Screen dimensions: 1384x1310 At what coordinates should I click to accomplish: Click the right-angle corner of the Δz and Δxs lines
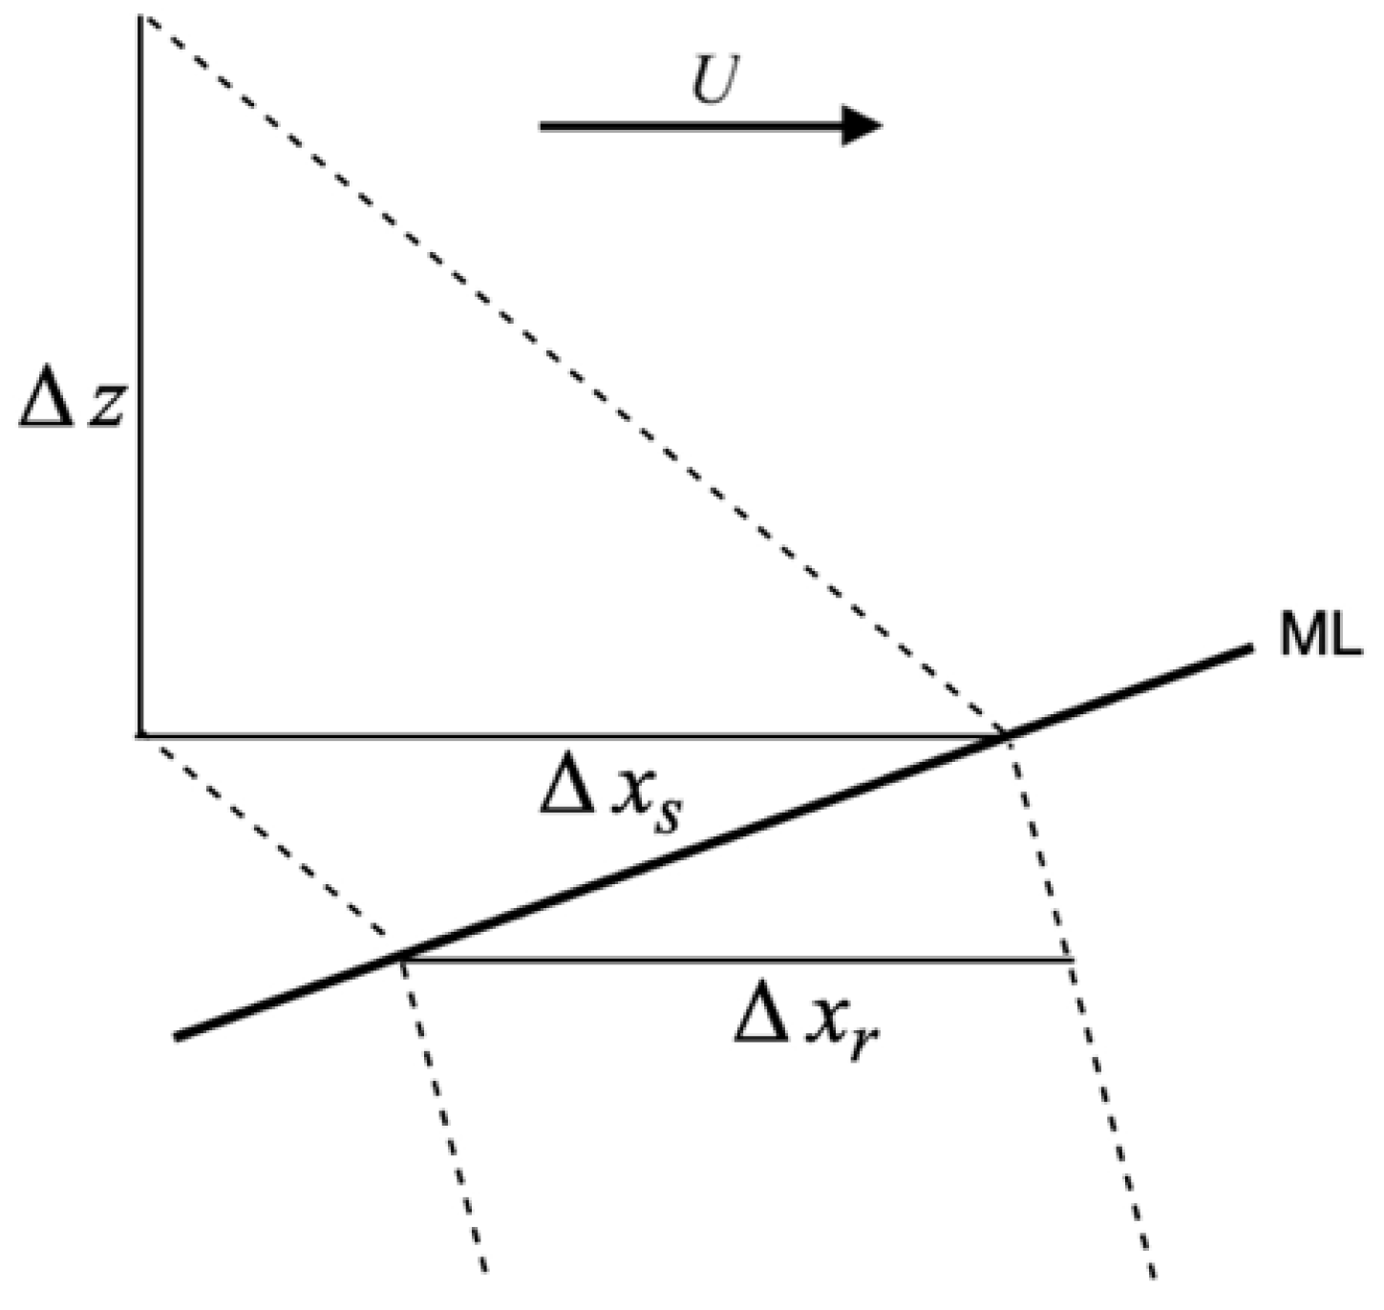pyautogui.click(x=140, y=735)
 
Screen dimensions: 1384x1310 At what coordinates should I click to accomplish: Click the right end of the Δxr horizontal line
pyautogui.click(x=1073, y=959)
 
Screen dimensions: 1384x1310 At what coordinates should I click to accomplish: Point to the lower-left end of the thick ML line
pyautogui.click(x=179, y=1037)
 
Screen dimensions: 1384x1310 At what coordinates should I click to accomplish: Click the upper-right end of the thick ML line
pyautogui.click(x=1249, y=648)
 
